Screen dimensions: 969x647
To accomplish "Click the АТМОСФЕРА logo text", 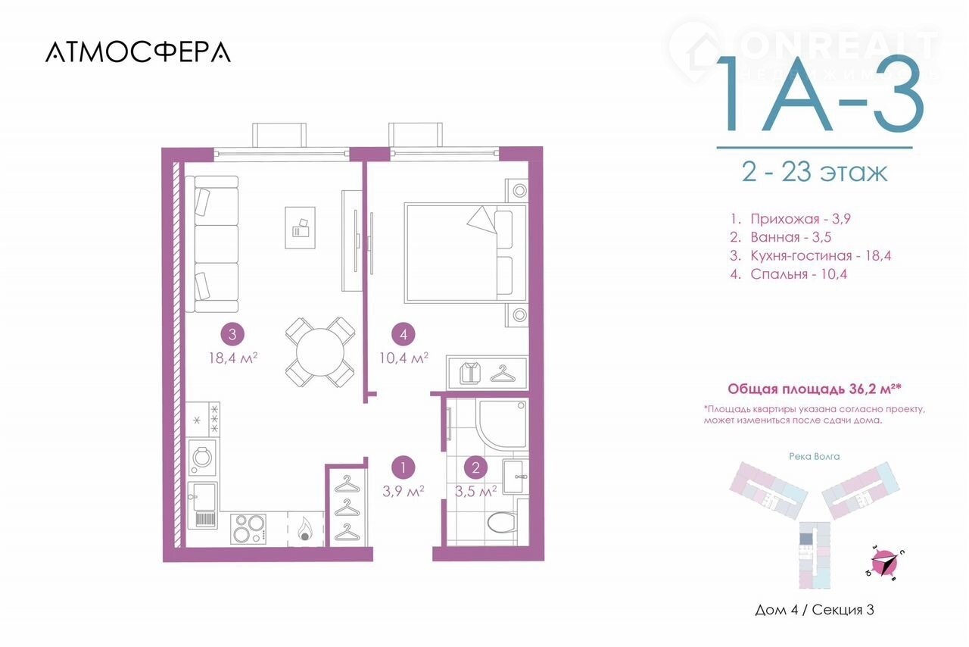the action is pos(138,52).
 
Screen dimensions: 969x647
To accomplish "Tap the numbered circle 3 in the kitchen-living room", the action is pos(232,334).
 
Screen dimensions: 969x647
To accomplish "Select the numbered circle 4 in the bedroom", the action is pos(403,334).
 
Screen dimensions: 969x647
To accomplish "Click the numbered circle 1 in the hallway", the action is pos(403,467).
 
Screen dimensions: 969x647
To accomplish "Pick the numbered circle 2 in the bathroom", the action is pos(476,467).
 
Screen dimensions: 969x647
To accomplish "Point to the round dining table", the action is pos(320,352).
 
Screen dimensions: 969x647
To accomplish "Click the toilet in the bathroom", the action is pos(503,522).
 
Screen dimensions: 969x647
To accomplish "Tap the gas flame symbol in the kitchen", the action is pos(305,529).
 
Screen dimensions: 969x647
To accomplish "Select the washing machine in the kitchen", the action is pos(202,458).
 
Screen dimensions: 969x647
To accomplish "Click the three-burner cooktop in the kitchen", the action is pos(248,529).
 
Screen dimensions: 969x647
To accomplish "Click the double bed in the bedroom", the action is pos(466,253).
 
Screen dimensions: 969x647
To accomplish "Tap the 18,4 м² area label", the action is pos(233,358).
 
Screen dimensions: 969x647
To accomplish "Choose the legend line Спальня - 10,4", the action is pos(789,274).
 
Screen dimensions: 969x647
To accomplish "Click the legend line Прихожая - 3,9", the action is pos(790,219).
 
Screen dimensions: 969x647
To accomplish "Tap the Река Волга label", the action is pos(814,456).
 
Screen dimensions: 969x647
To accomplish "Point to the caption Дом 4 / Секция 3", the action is pos(814,610).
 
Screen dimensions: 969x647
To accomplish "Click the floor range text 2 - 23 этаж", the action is pos(815,173).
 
